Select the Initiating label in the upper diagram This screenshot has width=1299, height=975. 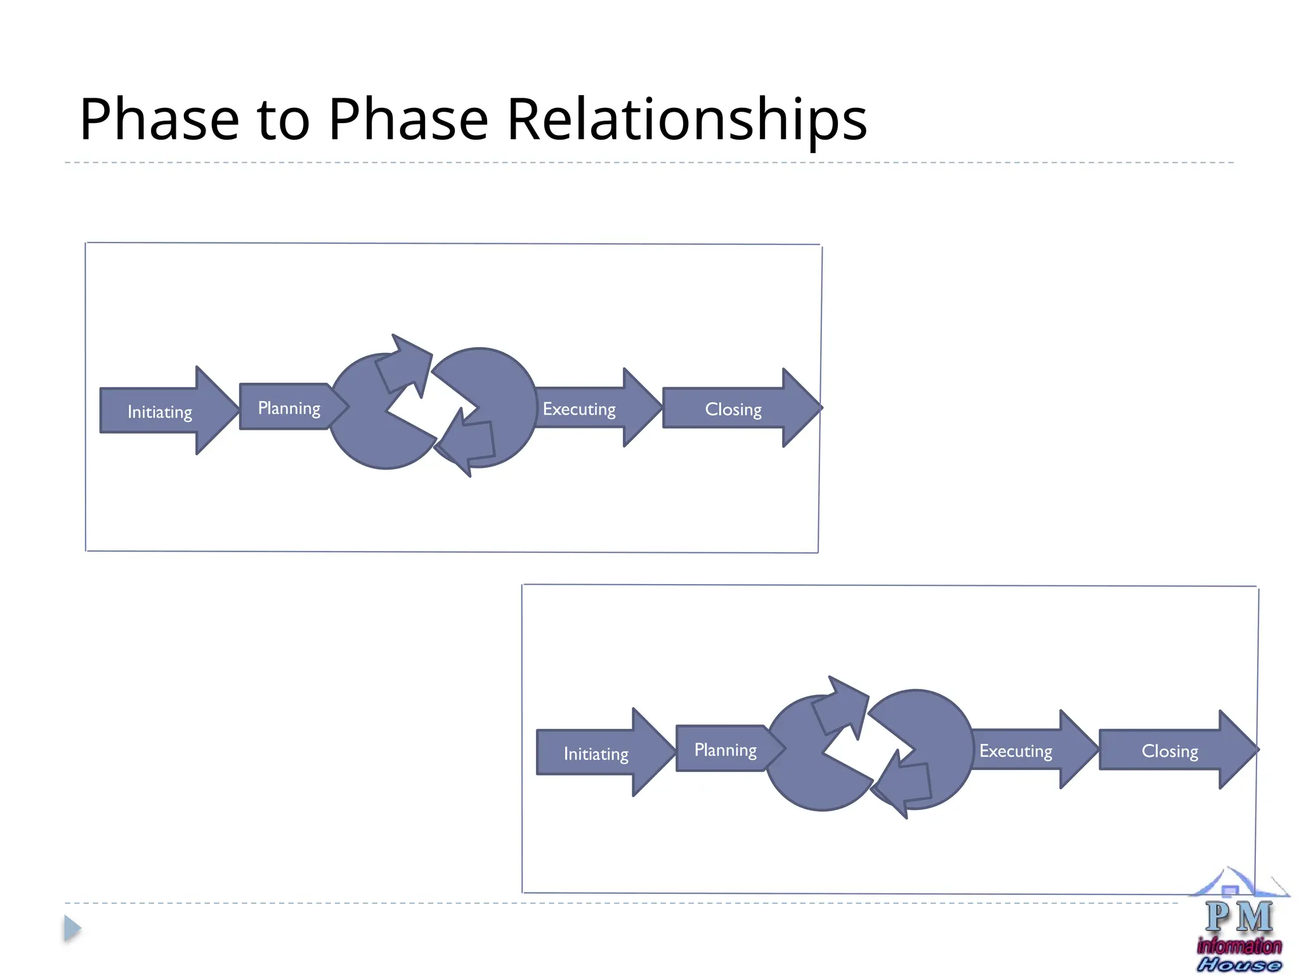tap(160, 412)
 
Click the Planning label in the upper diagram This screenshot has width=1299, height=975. tap(289, 408)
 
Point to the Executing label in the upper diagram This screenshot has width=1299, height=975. tap(579, 409)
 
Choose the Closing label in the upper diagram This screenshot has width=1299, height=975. tap(733, 409)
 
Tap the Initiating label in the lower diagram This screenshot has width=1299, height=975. tap(596, 754)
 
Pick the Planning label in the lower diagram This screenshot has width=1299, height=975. tap(726, 750)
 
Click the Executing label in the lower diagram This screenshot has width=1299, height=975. tap(1015, 752)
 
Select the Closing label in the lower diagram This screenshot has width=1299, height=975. tap(1170, 752)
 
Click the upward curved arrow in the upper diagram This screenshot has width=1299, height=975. tap(404, 364)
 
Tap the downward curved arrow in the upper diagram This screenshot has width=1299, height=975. tap(467, 441)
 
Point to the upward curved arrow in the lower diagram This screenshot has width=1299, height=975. tap(840, 706)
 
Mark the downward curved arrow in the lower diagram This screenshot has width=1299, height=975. tap(903, 783)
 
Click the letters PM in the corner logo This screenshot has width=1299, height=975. tap(1239, 917)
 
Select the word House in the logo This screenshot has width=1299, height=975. tap(1239, 965)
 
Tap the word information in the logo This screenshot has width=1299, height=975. tap(1239, 946)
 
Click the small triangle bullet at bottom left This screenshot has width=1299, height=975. tap(72, 929)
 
